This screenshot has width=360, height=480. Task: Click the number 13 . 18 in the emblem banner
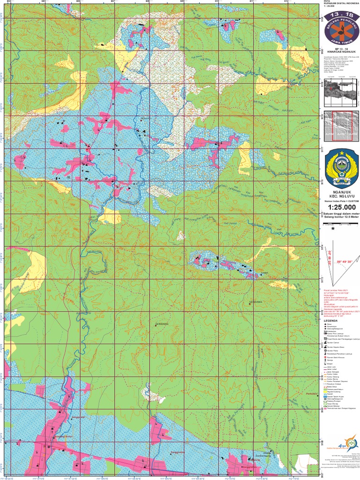[x=342, y=15]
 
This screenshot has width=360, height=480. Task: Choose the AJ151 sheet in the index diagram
[x=342, y=135]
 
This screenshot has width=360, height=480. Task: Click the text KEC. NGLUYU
[x=342, y=195]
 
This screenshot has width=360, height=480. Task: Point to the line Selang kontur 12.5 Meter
[x=342, y=218]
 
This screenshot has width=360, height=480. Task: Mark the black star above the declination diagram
[x=333, y=229]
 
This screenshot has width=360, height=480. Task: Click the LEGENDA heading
[x=331, y=321]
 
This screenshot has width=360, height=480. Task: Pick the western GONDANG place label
[x=161, y=324]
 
